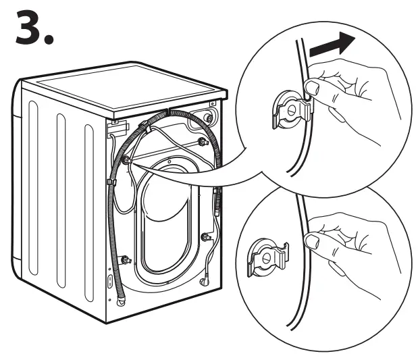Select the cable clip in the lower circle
[x=266, y=256]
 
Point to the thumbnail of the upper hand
[x=312, y=86]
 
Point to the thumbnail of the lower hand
[x=312, y=240]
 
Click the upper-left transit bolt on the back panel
[x=126, y=159]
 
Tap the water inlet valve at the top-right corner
[x=209, y=118]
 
